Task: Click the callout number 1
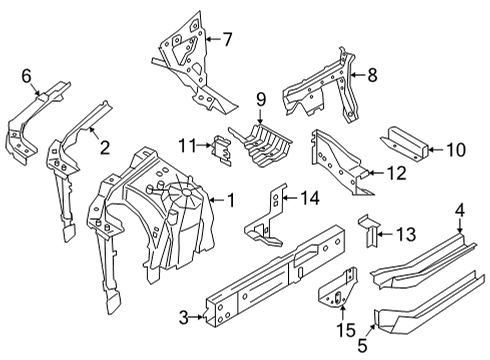click(232, 199)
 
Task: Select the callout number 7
click(227, 40)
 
